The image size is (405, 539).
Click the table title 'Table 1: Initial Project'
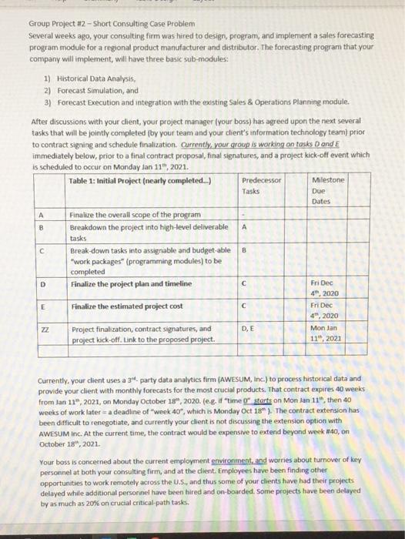tap(139, 181)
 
